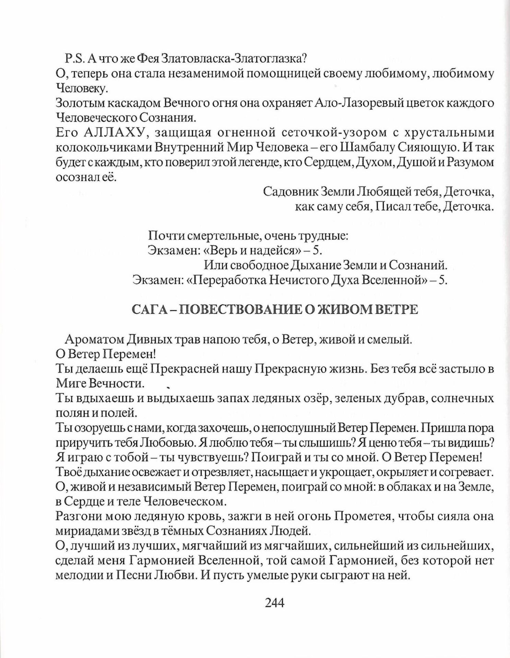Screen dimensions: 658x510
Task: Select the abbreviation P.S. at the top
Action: pos(74,59)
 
